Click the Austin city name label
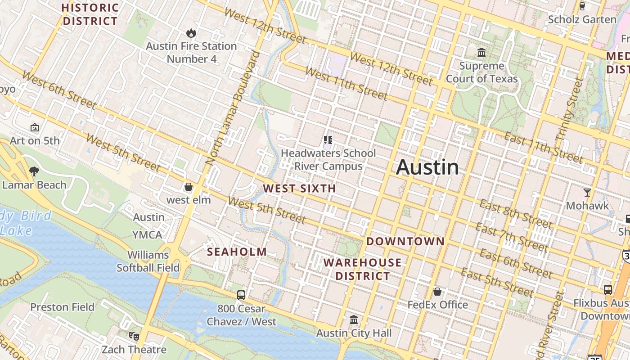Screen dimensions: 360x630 click(x=427, y=167)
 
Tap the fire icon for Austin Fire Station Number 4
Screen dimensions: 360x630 click(x=191, y=33)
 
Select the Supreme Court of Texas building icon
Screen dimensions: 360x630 click(x=481, y=53)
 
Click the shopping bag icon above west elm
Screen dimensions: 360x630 click(x=189, y=187)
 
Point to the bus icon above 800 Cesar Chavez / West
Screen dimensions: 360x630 click(x=241, y=295)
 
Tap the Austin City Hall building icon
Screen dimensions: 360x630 click(x=354, y=320)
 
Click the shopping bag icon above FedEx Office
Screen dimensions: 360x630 click(x=437, y=292)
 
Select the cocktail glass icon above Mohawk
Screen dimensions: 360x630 click(x=587, y=193)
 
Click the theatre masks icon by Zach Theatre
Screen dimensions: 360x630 click(x=134, y=336)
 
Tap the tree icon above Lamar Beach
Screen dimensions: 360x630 click(x=34, y=171)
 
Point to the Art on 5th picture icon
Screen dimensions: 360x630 click(x=35, y=128)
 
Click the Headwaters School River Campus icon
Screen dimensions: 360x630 click(x=328, y=140)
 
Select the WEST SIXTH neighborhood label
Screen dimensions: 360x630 click(x=299, y=189)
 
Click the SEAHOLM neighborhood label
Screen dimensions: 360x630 click(x=237, y=252)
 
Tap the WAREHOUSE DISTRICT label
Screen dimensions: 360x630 click(x=363, y=269)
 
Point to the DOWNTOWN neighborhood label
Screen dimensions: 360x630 click(x=405, y=241)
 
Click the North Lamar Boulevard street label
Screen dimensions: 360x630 click(x=233, y=108)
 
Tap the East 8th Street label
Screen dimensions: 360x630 click(x=515, y=214)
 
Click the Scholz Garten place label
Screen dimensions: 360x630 click(x=582, y=19)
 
